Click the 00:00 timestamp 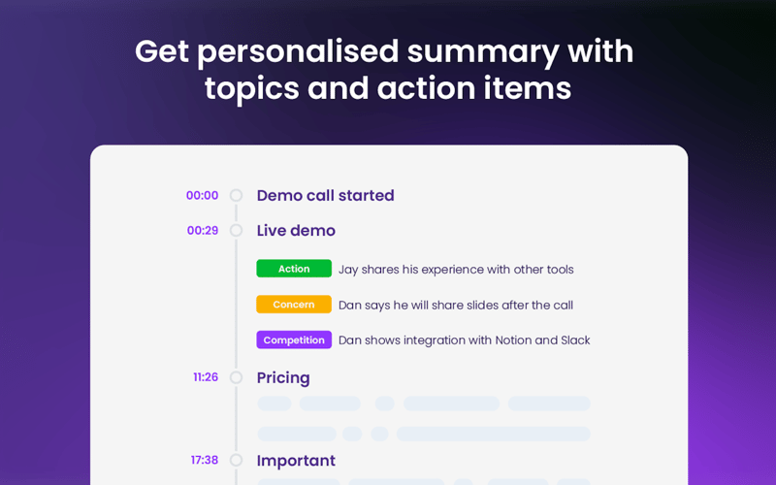(x=202, y=196)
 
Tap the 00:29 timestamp (x=202, y=231)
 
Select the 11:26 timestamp (x=205, y=377)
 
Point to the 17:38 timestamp (x=204, y=461)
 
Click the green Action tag (x=294, y=269)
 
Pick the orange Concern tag (x=294, y=305)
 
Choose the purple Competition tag (x=294, y=340)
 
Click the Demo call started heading (x=325, y=196)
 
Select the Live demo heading (x=296, y=231)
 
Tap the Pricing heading (x=283, y=377)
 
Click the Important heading (x=296, y=461)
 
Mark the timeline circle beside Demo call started (x=236, y=196)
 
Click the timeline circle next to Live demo (x=236, y=231)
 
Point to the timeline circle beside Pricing (x=236, y=377)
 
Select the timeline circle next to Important (x=236, y=461)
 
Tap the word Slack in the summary (x=575, y=340)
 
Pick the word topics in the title (x=251, y=88)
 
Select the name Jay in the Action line (x=349, y=270)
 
